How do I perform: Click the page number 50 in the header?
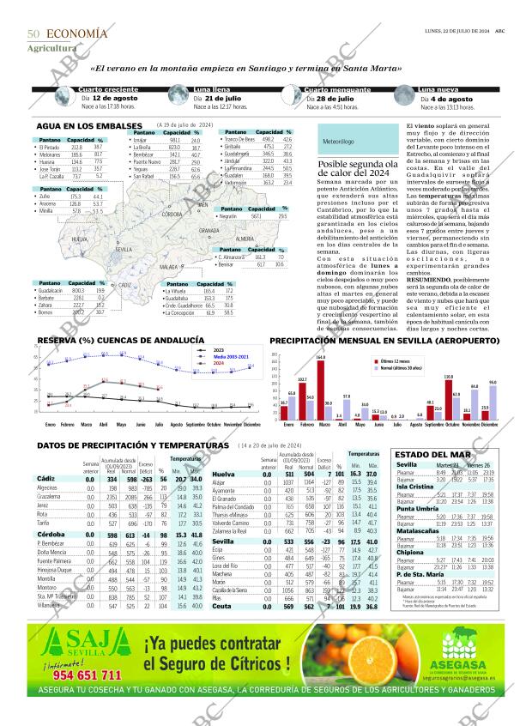34,33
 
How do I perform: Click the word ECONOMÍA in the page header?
77,33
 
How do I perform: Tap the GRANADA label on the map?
209,231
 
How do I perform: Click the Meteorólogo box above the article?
338,140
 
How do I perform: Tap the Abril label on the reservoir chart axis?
103,425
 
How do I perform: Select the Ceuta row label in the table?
222,607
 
